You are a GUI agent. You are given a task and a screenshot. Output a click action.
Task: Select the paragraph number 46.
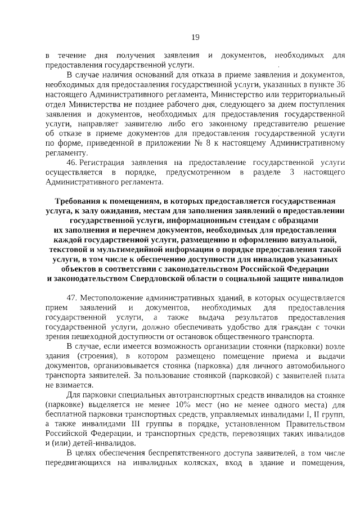coord(71,161)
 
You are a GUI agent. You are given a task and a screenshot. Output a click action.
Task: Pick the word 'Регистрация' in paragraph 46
coord(102,161)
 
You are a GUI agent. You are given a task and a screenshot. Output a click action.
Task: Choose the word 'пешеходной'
coord(88,336)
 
